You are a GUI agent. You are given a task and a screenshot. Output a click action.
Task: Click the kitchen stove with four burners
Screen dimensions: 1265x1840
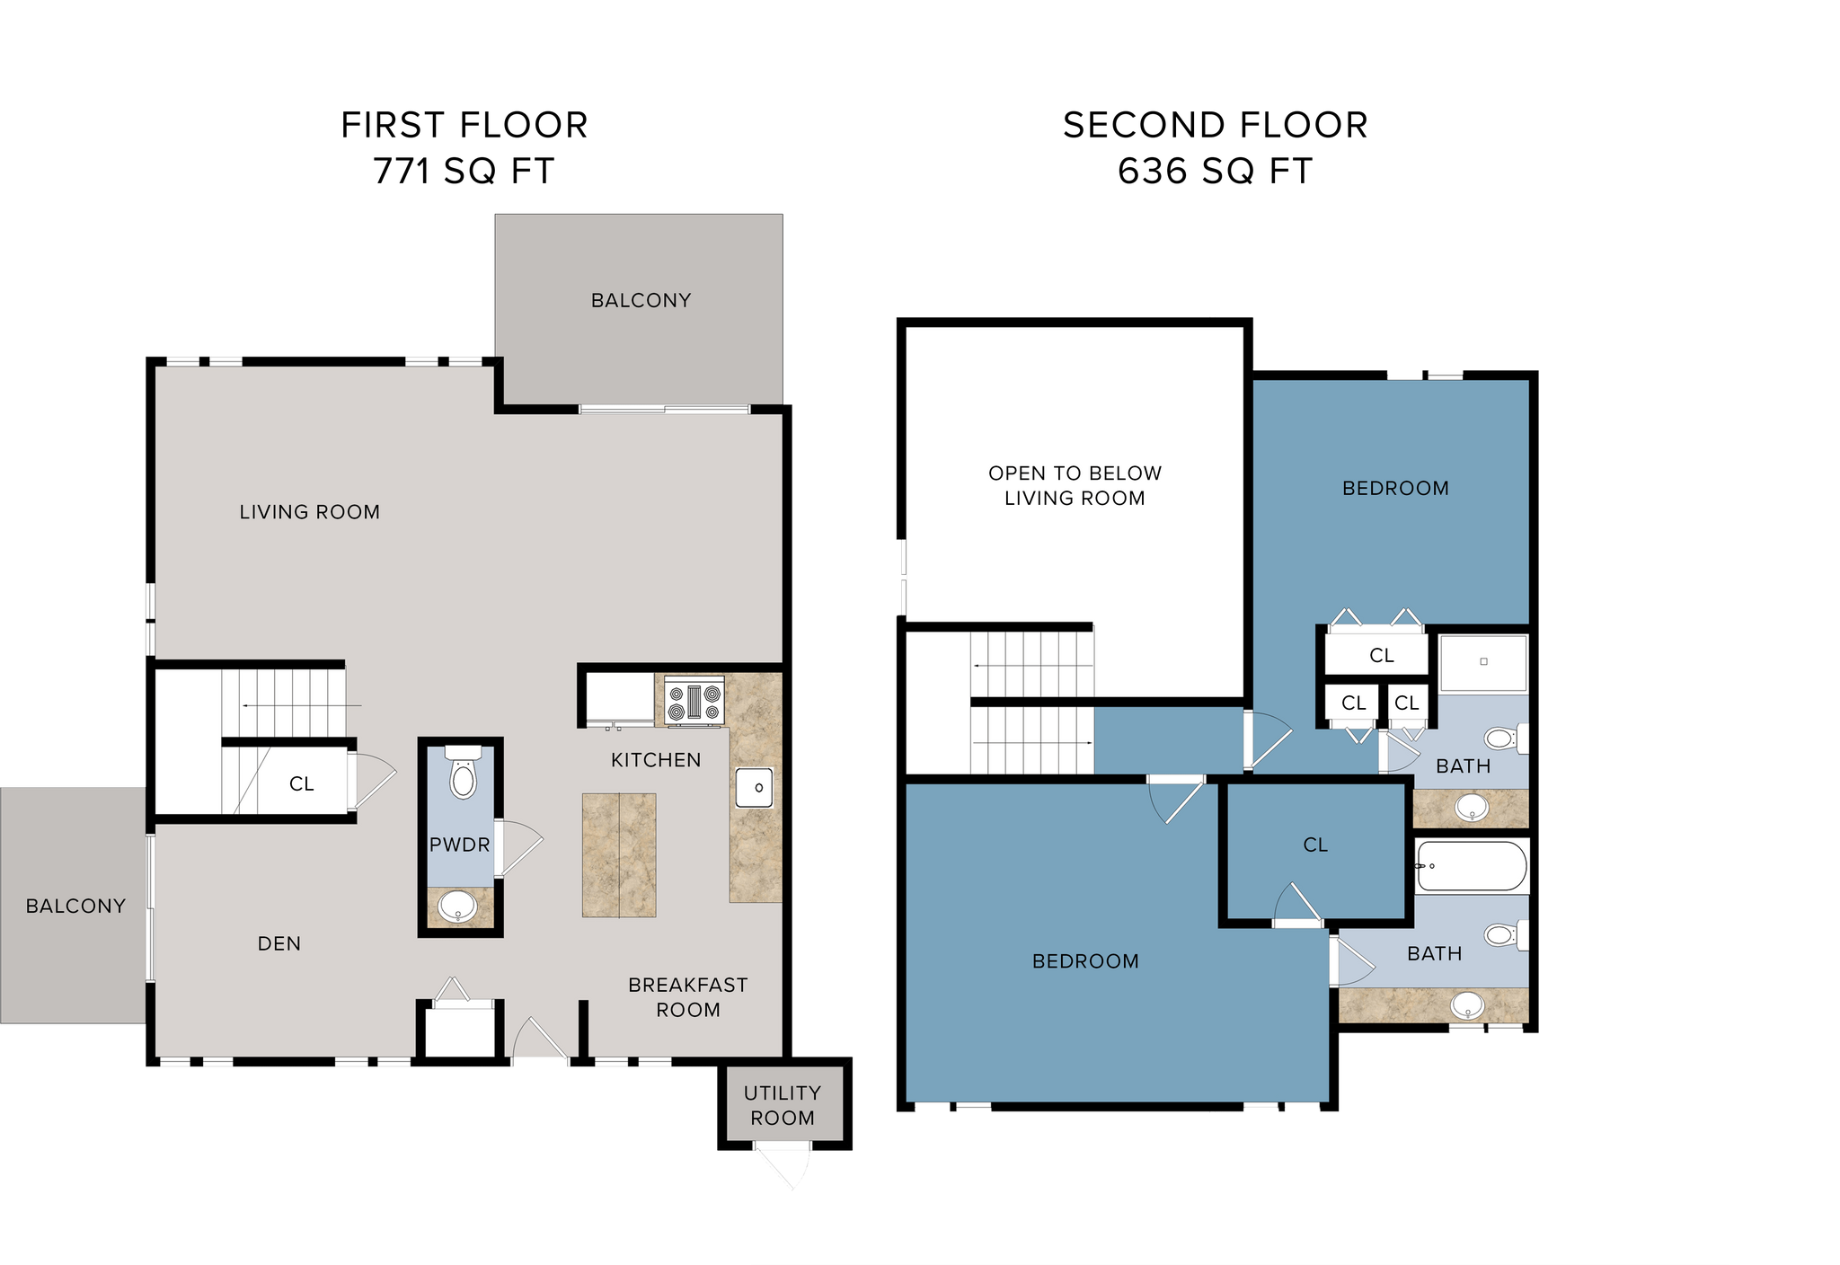[694, 701]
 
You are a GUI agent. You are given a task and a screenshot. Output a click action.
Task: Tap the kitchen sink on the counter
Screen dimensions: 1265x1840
[755, 788]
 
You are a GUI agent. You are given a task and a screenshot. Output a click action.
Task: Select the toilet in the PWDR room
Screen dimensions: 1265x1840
[463, 774]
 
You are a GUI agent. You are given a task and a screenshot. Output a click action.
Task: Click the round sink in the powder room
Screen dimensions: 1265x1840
[459, 907]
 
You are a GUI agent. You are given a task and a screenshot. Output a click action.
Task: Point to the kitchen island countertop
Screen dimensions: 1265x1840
[619, 854]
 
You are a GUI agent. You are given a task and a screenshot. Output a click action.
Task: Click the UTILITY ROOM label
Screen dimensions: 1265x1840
[783, 1105]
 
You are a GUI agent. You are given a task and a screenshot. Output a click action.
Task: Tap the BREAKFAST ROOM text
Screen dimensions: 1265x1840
[687, 997]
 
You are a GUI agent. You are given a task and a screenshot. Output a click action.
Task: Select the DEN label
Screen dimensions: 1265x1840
[279, 943]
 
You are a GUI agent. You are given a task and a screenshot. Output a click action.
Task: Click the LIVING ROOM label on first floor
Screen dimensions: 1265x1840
[310, 512]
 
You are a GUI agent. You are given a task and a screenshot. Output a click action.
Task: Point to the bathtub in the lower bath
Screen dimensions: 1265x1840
[1472, 867]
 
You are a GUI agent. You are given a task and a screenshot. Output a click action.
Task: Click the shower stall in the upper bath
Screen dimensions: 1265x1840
[1483, 662]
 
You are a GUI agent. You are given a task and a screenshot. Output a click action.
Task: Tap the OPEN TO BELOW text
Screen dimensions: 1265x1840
[1075, 473]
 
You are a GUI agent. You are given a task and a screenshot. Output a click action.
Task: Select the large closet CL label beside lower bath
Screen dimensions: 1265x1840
[1315, 845]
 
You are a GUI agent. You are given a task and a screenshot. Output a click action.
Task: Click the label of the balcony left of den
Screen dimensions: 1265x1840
[75, 906]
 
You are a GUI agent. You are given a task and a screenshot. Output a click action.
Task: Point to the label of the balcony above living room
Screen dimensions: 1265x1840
[641, 300]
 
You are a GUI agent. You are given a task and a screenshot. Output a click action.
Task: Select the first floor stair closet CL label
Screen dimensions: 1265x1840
[302, 784]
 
